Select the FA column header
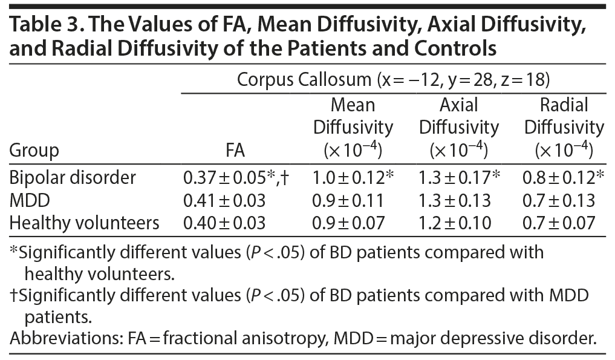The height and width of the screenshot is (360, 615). pos(248,149)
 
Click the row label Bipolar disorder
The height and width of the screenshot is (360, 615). pos(73,178)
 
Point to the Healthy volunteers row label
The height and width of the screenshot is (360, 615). pos(85,223)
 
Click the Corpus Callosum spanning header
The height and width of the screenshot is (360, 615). pos(393,79)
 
